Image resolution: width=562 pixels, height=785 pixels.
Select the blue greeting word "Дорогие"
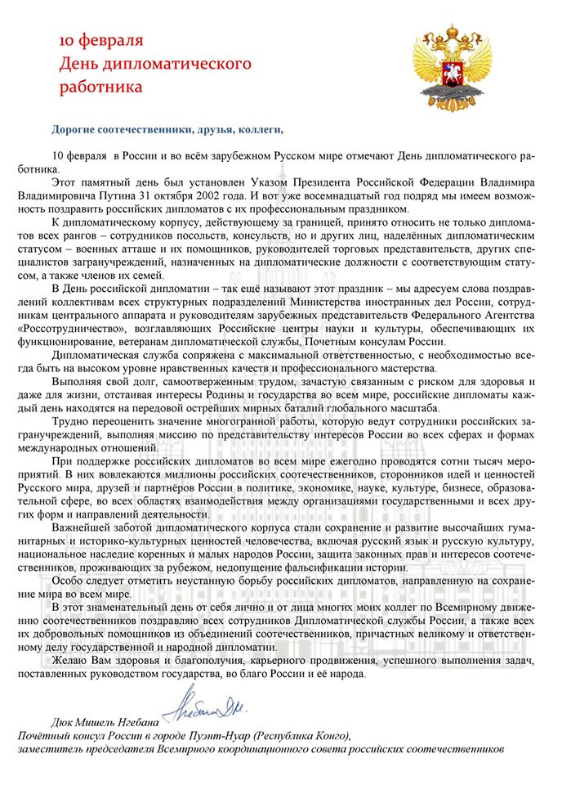click(x=76, y=128)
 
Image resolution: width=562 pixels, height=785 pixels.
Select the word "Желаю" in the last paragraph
click(x=71, y=660)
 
